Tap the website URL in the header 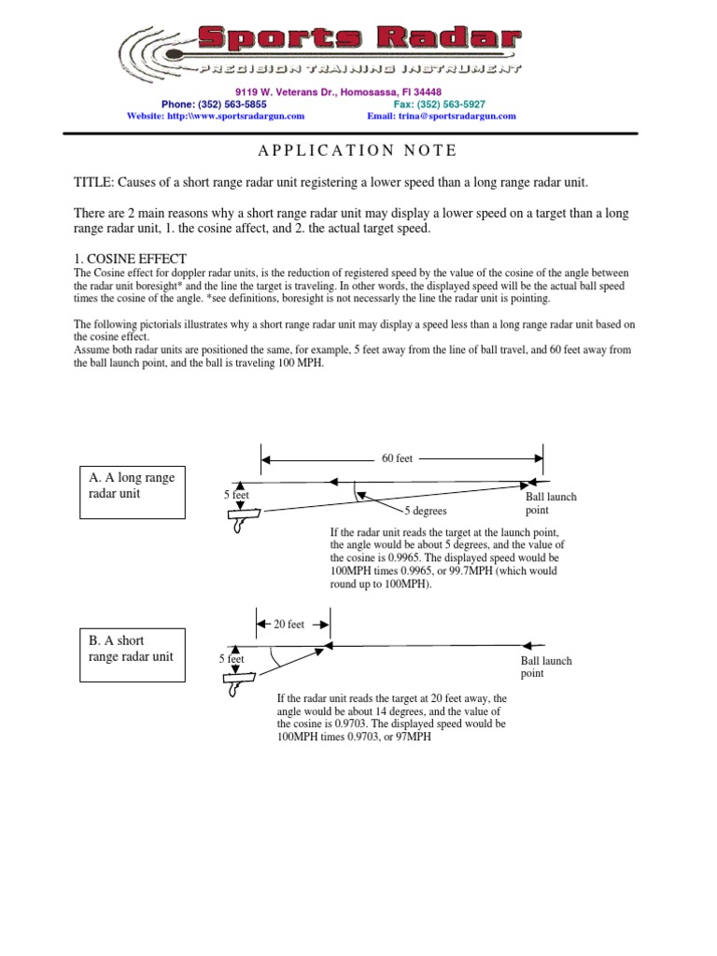coord(216,117)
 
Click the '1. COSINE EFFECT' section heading coord(131,259)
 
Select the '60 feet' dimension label coord(397,458)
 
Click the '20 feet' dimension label coord(288,625)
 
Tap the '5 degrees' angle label coord(426,512)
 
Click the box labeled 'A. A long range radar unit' coord(133,486)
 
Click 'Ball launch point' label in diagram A coord(551,504)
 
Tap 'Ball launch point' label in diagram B coord(546,667)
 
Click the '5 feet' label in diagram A coord(236,495)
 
